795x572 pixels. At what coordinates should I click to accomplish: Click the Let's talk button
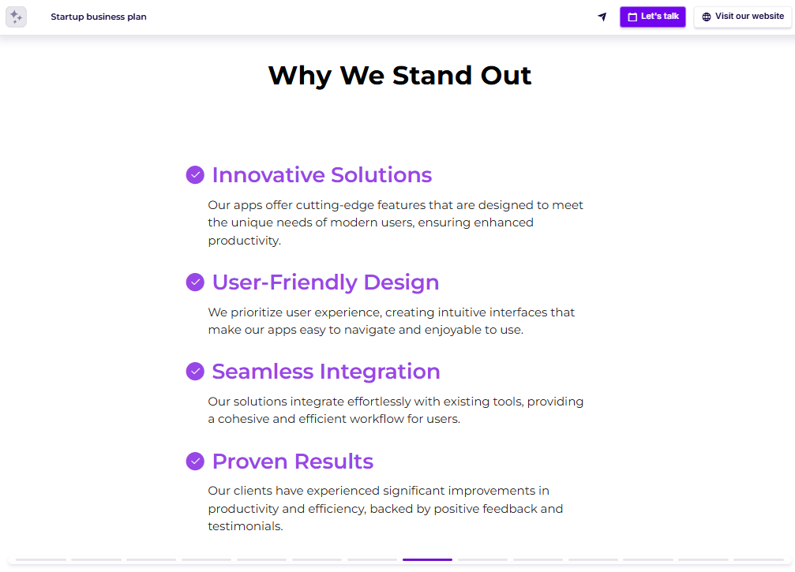pos(653,17)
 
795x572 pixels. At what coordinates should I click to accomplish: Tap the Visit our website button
pos(742,17)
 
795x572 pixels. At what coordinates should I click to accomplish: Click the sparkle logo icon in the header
pos(16,17)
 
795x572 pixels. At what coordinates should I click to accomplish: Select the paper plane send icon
pos(602,17)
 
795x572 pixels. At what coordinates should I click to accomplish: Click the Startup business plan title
pos(99,17)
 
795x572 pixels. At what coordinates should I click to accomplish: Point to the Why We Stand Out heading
pos(399,76)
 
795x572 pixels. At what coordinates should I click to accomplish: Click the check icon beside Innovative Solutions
pos(195,174)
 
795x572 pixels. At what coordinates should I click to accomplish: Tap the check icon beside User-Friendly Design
pos(195,282)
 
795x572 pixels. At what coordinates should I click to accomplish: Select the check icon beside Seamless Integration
pos(195,371)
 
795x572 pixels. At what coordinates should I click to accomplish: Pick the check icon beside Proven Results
pos(195,461)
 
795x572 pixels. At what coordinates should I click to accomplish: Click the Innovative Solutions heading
pos(322,174)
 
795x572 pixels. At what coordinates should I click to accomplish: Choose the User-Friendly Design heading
pos(325,282)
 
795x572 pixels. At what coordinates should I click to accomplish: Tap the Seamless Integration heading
pos(326,371)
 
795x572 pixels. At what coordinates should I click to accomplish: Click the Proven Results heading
pos(293,461)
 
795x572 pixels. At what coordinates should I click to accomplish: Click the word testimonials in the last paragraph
pos(245,526)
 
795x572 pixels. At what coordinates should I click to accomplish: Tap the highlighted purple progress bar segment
pos(427,559)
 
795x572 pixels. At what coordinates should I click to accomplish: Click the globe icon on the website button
pos(707,17)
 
